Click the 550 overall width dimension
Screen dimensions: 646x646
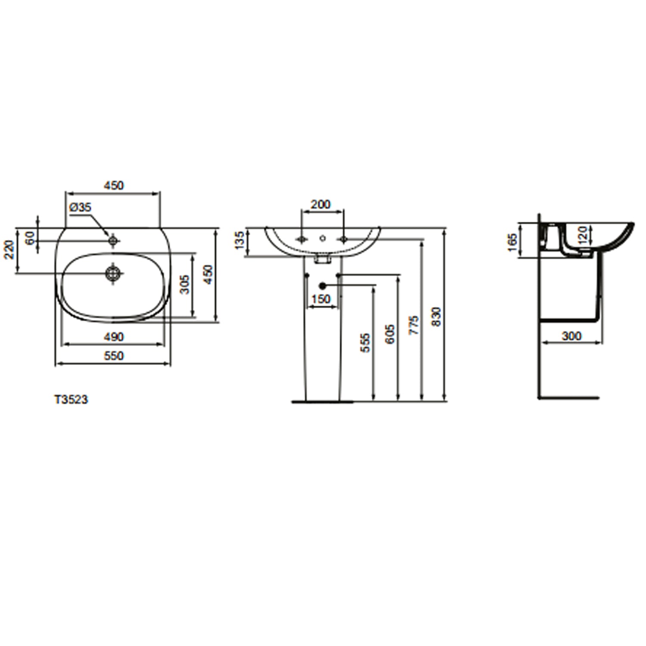click(114, 356)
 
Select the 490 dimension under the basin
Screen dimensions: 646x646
click(114, 337)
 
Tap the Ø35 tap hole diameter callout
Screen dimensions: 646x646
click(80, 207)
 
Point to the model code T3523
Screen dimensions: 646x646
click(71, 400)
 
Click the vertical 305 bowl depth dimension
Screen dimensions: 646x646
click(184, 284)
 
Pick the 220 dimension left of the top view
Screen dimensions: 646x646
click(9, 249)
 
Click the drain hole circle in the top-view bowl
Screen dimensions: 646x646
click(113, 273)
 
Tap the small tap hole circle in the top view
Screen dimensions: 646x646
click(113, 240)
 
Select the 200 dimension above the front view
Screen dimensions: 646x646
click(321, 204)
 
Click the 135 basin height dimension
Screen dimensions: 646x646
click(239, 240)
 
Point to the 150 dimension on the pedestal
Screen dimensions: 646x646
click(321, 299)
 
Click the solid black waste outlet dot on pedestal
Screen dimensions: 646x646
click(323, 285)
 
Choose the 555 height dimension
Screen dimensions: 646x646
click(365, 343)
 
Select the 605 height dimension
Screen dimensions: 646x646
click(389, 334)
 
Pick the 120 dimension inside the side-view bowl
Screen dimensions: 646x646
click(582, 235)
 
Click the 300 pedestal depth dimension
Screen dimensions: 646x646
click(571, 336)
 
